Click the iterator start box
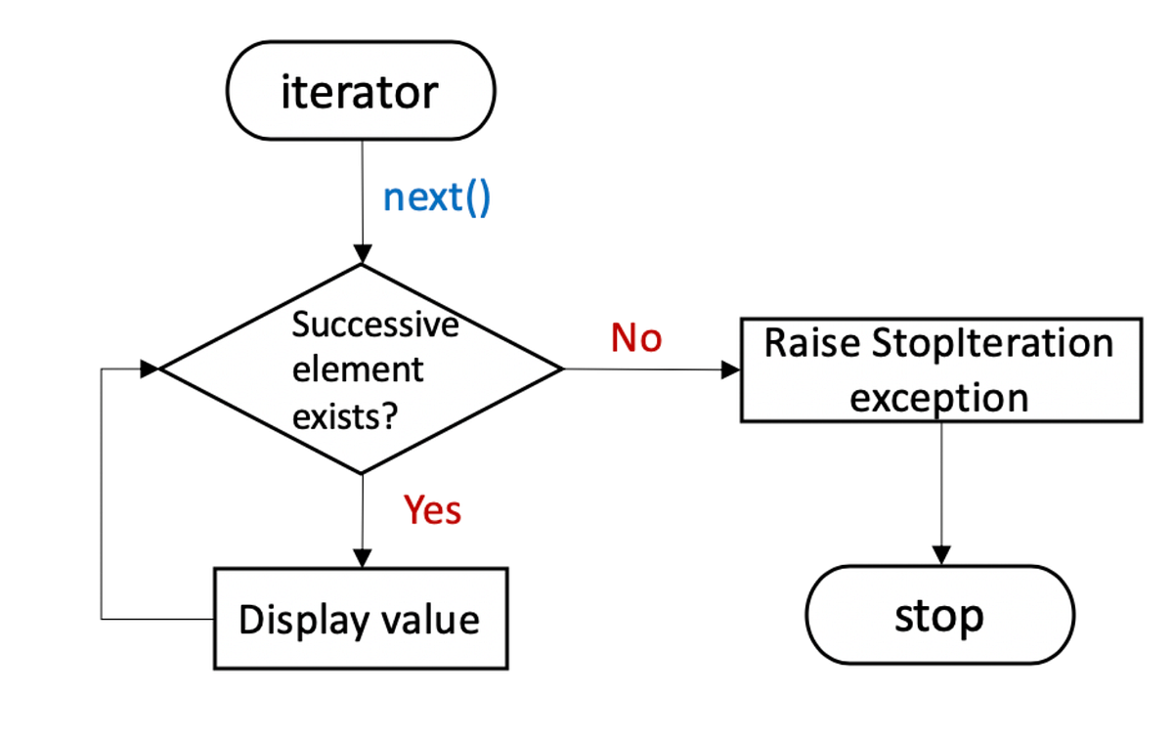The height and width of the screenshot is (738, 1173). [361, 92]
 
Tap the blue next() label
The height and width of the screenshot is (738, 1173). [436, 197]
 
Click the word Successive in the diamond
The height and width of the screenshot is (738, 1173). [375, 325]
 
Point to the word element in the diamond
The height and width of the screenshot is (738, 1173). [358, 369]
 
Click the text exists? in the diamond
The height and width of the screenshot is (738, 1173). [344, 415]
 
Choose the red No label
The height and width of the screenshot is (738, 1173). [636, 338]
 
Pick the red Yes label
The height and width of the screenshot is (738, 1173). [433, 509]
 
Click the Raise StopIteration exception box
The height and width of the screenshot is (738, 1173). [940, 369]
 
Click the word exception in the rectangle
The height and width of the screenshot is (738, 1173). [938, 397]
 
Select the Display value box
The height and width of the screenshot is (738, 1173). [361, 620]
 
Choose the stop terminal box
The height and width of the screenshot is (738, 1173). [939, 616]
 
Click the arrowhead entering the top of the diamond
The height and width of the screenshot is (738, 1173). [362, 255]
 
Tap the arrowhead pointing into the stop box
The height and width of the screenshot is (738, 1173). [940, 556]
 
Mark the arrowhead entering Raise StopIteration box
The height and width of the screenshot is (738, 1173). [731, 369]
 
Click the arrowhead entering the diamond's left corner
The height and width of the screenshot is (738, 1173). [150, 369]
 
